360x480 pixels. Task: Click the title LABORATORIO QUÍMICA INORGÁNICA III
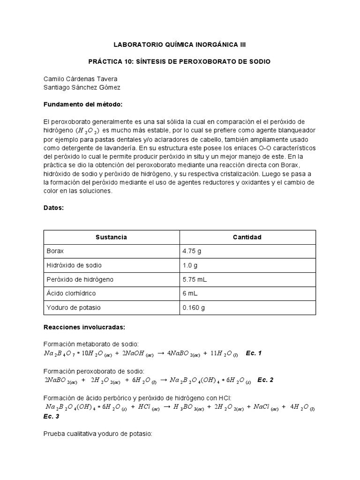point(180,45)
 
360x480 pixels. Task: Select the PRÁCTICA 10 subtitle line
point(180,62)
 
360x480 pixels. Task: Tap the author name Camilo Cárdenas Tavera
point(81,79)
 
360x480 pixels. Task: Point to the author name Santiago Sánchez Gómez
point(82,87)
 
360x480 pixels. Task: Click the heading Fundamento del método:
point(82,104)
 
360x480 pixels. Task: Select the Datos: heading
point(54,207)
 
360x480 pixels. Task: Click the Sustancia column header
point(111,237)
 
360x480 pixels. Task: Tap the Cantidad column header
point(247,237)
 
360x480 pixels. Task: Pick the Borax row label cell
point(55,251)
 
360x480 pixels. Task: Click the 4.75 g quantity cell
point(192,251)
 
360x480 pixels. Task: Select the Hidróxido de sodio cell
point(74,265)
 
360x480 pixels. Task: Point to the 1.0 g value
point(189,265)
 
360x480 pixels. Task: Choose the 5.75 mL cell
point(195,279)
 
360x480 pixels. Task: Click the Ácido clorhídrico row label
point(71,293)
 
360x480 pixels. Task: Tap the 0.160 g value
point(194,307)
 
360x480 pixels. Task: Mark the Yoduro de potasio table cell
point(73,307)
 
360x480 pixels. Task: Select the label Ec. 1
point(254,353)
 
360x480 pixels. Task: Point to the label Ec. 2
point(265,380)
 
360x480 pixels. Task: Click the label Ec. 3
point(52,416)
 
